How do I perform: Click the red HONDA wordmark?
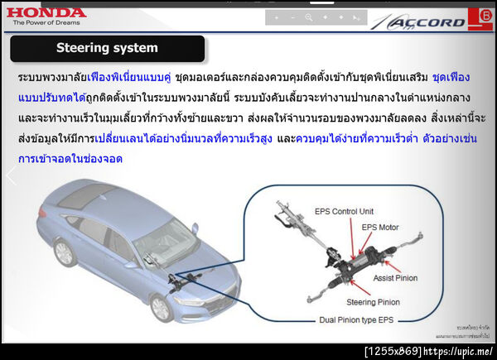coord(46,12)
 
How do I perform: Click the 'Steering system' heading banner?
coord(107,48)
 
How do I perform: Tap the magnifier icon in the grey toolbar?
coord(309,17)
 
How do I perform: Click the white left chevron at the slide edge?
coord(11,175)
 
